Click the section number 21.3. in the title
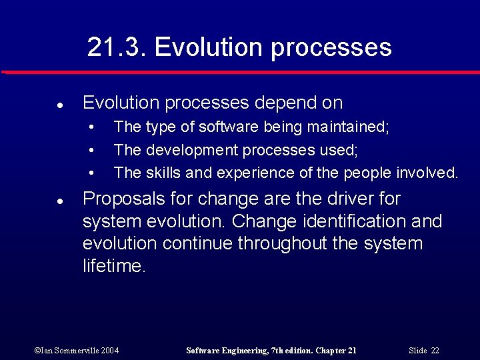(x=116, y=47)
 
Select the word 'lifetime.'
(x=114, y=265)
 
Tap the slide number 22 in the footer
(x=435, y=351)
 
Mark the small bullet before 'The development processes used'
(x=91, y=150)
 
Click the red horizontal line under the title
(x=240, y=72)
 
